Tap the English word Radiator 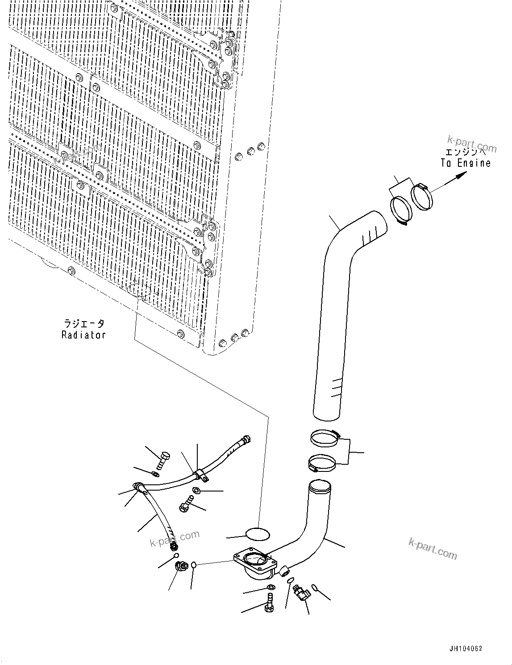pyautogui.click(x=83, y=335)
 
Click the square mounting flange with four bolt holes pyautogui.click(x=253, y=560)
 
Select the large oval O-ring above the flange pyautogui.click(x=258, y=534)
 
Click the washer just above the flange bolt pyautogui.click(x=271, y=587)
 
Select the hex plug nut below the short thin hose pyautogui.click(x=181, y=568)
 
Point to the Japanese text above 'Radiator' pyautogui.click(x=83, y=324)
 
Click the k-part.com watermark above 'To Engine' pyautogui.click(x=472, y=145)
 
